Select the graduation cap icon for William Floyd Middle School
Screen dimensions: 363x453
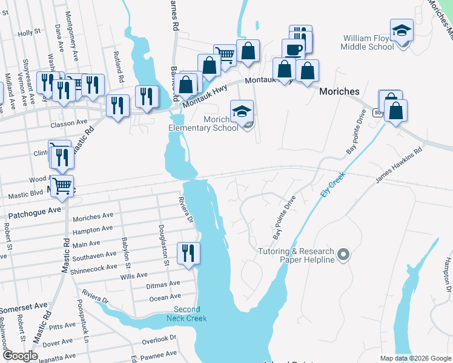[401, 31]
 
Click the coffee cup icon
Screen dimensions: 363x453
[293, 49]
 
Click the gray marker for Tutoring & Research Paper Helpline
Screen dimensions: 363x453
[343, 255]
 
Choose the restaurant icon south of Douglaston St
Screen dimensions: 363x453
[188, 252]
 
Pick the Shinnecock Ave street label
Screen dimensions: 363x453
[94, 267]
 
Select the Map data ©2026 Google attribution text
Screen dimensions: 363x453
[415, 358]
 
